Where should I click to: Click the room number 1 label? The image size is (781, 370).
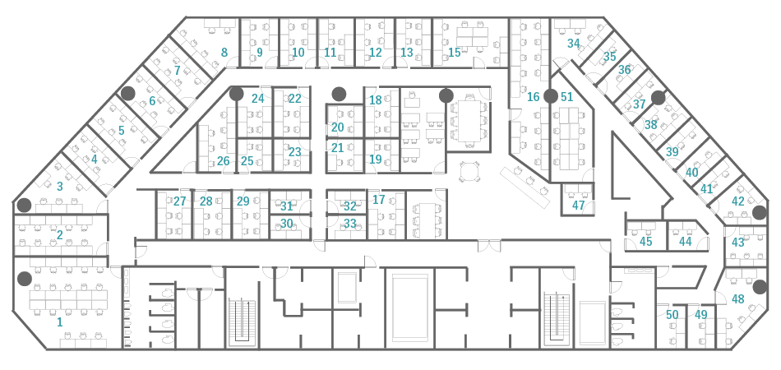(60, 322)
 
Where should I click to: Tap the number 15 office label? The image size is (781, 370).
(455, 53)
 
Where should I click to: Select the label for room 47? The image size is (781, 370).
(578, 206)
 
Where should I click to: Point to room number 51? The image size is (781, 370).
(566, 96)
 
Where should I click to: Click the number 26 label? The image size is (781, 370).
(223, 161)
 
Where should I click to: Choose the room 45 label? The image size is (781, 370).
(646, 242)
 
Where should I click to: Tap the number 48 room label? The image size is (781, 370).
(737, 299)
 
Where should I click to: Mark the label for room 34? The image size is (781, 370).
(573, 44)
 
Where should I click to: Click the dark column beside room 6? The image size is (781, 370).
(128, 93)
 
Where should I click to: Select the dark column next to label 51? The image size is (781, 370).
(550, 96)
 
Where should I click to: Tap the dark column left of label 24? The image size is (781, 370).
(237, 94)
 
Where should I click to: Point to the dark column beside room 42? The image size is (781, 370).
(759, 213)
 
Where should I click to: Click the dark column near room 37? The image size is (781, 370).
(658, 98)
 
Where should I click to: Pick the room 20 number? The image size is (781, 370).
(338, 127)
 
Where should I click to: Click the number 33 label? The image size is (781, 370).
(350, 224)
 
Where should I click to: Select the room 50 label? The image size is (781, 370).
(672, 315)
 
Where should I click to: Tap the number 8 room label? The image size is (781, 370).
(224, 53)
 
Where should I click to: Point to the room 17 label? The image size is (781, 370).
(379, 200)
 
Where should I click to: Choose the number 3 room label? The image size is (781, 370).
(60, 187)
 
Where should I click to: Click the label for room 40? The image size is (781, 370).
(692, 173)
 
